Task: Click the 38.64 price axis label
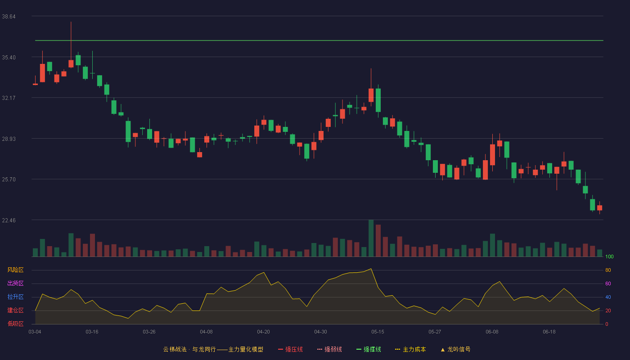(x=9, y=17)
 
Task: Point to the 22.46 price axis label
(x=9, y=220)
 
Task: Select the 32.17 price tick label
(x=9, y=98)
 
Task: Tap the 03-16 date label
(x=92, y=332)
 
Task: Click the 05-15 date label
(x=378, y=332)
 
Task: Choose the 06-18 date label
(x=549, y=332)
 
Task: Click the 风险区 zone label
(x=15, y=270)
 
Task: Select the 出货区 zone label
(x=15, y=283)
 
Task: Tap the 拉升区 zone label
(x=15, y=297)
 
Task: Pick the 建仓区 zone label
(x=15, y=310)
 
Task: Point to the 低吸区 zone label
(x=15, y=324)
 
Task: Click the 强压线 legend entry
(x=290, y=349)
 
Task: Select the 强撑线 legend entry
(x=369, y=349)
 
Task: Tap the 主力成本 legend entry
(x=410, y=349)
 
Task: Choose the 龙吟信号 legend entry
(x=455, y=349)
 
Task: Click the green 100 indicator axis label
(x=609, y=256)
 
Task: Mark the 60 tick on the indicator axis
(x=608, y=283)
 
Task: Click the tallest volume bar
(x=371, y=238)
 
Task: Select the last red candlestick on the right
(x=599, y=208)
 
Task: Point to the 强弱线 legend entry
(x=329, y=349)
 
